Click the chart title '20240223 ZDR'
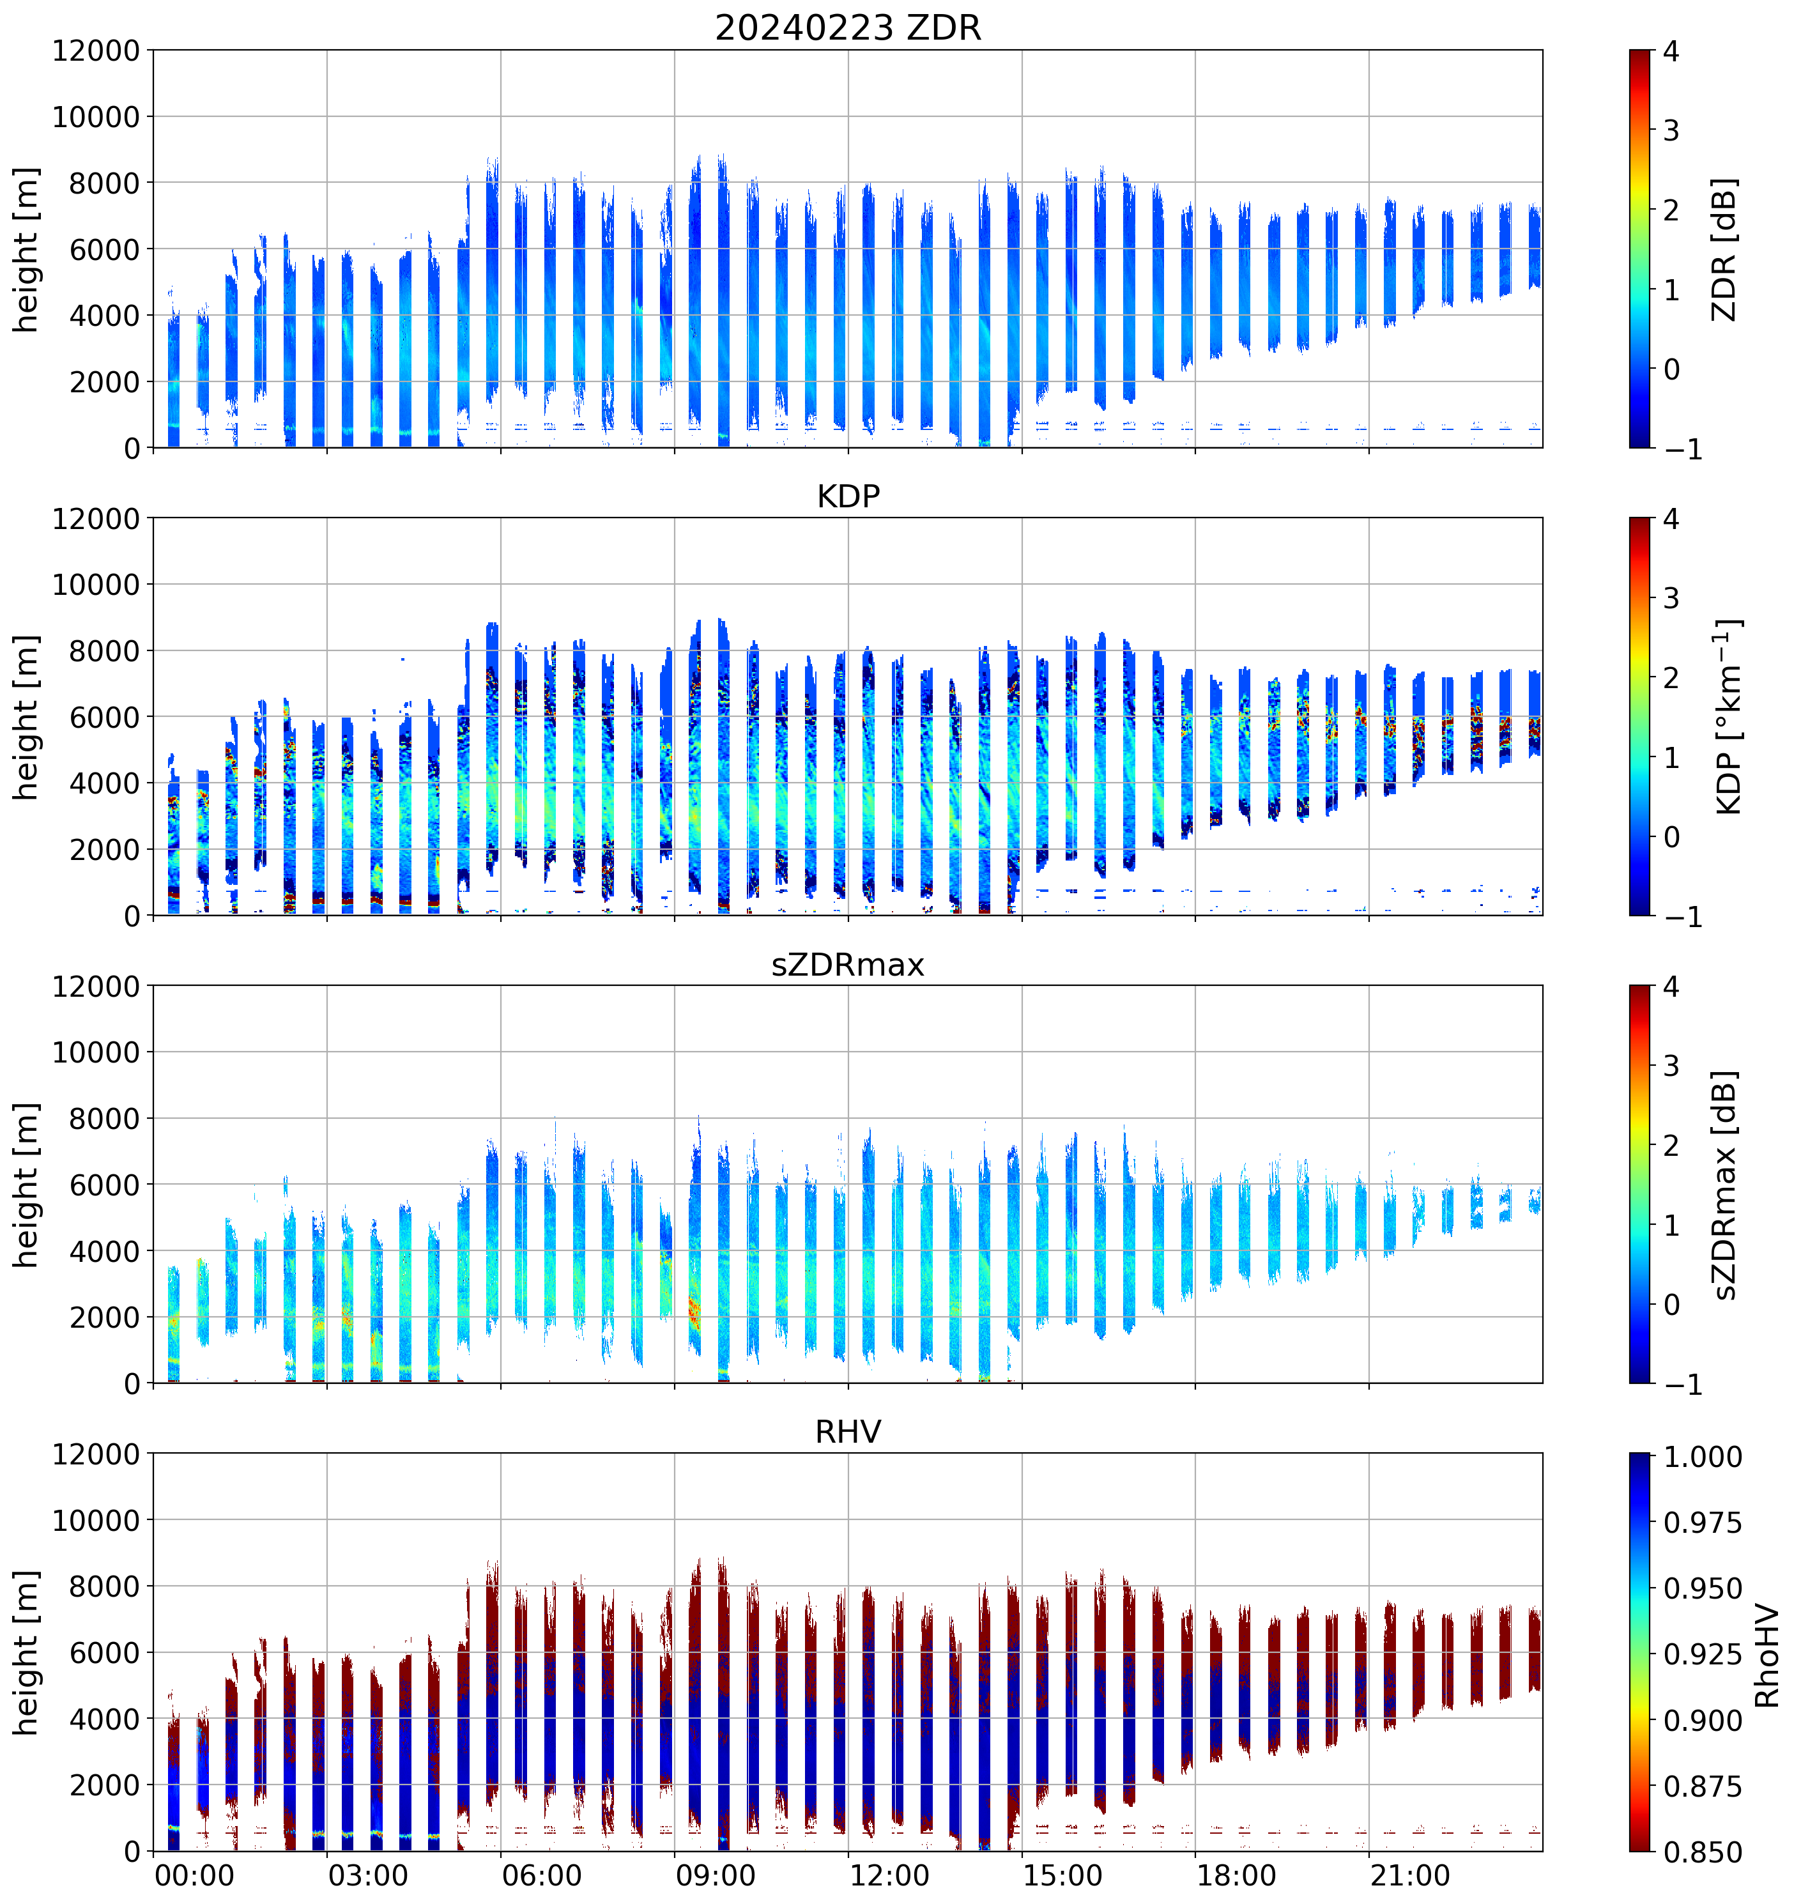(848, 27)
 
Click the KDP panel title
(848, 496)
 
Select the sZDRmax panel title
(848, 964)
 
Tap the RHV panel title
(848, 1432)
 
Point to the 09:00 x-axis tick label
(714, 1875)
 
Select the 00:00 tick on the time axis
(194, 1875)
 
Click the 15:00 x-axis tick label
(1062, 1875)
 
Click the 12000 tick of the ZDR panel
(96, 50)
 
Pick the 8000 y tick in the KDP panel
(104, 651)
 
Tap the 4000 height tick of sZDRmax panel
(104, 1251)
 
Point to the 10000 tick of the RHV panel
(96, 1521)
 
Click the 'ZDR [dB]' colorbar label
(1723, 249)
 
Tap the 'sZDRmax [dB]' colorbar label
(1723, 1185)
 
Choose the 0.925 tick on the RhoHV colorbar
(1702, 1654)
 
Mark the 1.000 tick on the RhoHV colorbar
(1702, 1457)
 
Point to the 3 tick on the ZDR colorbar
(1671, 130)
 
